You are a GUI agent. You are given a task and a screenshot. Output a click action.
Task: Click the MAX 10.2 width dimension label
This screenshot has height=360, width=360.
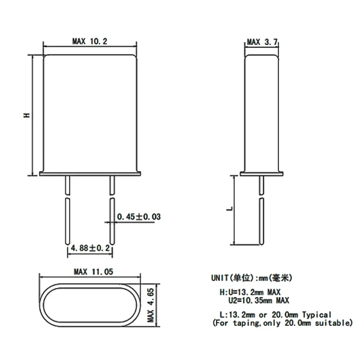point(90,41)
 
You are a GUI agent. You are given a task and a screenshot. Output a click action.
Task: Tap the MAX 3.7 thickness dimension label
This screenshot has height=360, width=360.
point(262,42)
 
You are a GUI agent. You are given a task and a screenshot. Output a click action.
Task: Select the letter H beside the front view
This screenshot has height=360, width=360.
point(27,115)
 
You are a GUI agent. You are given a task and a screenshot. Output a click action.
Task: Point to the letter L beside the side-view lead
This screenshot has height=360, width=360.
point(230,209)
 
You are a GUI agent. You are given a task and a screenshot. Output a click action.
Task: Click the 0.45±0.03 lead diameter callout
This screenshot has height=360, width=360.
point(139,217)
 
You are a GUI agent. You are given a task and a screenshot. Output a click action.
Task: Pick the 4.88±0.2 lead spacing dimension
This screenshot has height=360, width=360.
point(90,248)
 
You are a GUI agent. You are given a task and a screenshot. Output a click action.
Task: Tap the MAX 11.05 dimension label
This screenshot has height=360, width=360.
point(94,272)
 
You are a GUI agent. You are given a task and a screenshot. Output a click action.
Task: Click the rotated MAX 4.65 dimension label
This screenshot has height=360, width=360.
point(151,305)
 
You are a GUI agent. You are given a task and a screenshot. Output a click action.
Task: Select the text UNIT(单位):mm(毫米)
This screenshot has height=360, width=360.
point(251,278)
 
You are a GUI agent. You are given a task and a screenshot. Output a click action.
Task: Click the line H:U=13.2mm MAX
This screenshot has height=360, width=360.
point(250,292)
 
